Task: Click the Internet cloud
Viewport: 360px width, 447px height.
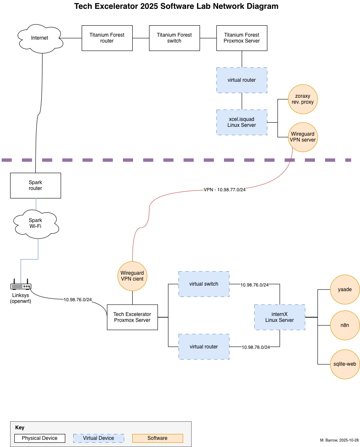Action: pyautogui.click(x=40, y=38)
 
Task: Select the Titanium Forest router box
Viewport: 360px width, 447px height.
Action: pyautogui.click(x=107, y=38)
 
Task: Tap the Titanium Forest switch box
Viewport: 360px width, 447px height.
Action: pyautogui.click(x=174, y=38)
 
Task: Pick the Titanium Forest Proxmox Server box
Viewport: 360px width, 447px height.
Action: pyautogui.click(x=242, y=38)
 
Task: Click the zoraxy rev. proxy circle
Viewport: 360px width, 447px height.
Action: pyautogui.click(x=303, y=99)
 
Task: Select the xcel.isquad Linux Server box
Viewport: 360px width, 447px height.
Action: pyautogui.click(x=242, y=122)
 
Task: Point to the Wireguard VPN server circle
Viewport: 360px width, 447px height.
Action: pyautogui.click(x=302, y=137)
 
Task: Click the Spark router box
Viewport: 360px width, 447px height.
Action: pyautogui.click(x=35, y=185)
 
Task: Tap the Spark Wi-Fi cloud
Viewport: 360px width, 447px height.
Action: pyautogui.click(x=36, y=223)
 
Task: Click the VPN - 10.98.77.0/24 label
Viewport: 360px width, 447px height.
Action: pyautogui.click(x=224, y=190)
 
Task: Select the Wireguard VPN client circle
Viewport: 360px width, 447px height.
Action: pyautogui.click(x=132, y=276)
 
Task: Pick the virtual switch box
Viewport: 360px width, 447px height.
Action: pyautogui.click(x=204, y=284)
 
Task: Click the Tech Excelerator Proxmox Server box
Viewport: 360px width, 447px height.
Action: pyautogui.click(x=132, y=317)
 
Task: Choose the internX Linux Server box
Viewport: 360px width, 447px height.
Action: pyautogui.click(x=280, y=317)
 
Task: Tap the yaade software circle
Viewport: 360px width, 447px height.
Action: pyautogui.click(x=345, y=289)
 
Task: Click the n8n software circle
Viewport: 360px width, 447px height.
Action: pyautogui.click(x=345, y=325)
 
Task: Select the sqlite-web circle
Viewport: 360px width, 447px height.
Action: pyautogui.click(x=345, y=364)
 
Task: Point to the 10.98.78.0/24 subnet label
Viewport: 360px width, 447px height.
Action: pyautogui.click(x=256, y=348)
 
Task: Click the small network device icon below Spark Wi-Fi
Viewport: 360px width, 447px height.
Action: pyautogui.click(x=21, y=286)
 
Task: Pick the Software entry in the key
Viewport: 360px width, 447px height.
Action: pyautogui.click(x=157, y=438)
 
